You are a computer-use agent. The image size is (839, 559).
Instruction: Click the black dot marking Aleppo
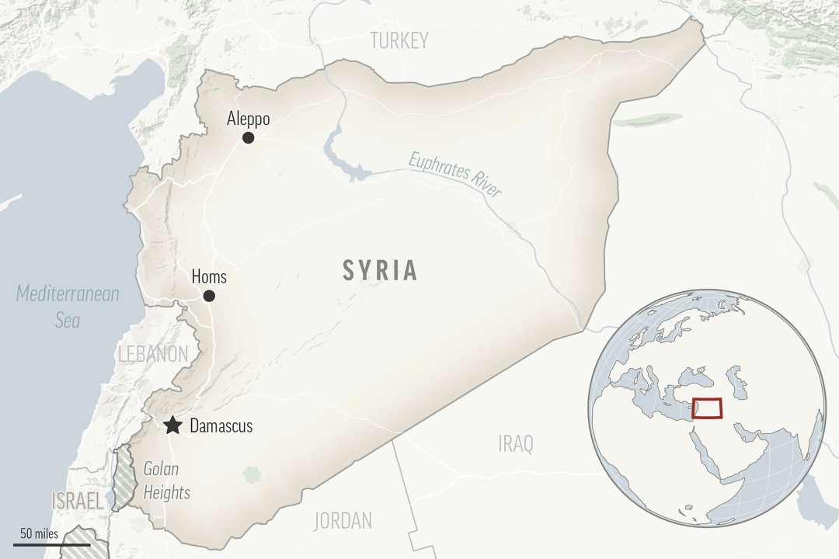(x=248, y=137)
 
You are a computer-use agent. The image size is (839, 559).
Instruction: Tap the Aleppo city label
(x=248, y=119)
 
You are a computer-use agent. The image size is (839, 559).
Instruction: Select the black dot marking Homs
(x=209, y=296)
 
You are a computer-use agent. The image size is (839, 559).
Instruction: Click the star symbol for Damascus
(x=172, y=425)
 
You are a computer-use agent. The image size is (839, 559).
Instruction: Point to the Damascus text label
(x=221, y=426)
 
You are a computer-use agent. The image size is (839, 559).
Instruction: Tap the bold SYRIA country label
(x=381, y=270)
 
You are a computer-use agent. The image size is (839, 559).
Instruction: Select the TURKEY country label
(x=399, y=41)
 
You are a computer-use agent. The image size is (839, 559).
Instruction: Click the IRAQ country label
(x=516, y=444)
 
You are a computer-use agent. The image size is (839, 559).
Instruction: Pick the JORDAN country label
(x=343, y=520)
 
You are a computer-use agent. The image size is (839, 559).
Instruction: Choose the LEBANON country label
(x=153, y=354)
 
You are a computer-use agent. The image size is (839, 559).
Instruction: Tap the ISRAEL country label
(x=76, y=502)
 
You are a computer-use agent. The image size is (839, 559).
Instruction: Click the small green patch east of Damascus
(x=251, y=473)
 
